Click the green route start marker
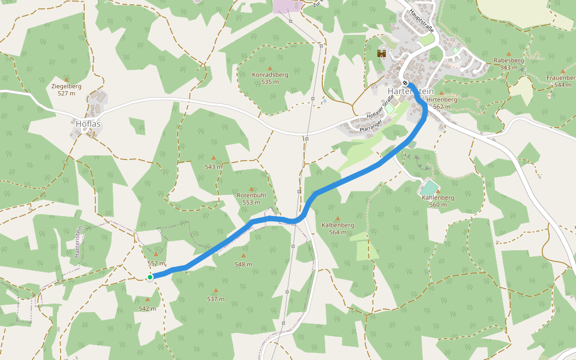click(149, 277)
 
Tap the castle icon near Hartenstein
click(381, 53)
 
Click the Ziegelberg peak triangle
click(66, 79)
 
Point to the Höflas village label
click(88, 124)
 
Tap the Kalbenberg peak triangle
click(337, 218)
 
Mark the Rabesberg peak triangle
click(509, 54)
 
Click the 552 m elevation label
click(156, 263)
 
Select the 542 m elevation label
click(148, 308)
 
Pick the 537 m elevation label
click(215, 299)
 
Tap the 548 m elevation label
click(244, 264)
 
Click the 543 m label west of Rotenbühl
click(213, 167)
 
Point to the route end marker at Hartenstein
click(406, 83)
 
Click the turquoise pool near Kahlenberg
click(429, 188)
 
